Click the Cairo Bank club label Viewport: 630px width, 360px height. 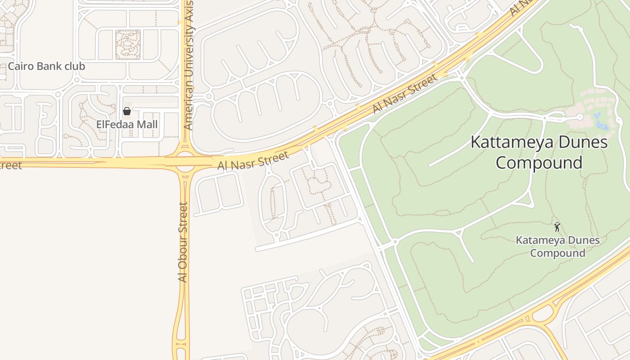pos(46,66)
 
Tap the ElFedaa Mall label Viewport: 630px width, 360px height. pos(127,124)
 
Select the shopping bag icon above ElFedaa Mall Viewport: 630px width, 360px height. pos(127,111)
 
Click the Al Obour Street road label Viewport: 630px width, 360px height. pos(183,242)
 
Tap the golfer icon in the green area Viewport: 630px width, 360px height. pos(557,226)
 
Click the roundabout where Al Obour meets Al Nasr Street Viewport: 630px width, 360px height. pos(184,162)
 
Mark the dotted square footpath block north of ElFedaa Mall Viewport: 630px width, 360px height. pos(128,45)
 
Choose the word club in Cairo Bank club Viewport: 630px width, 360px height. pos(74,66)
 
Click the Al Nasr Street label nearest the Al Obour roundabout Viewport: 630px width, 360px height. pos(252,161)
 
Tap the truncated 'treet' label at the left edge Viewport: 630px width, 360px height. pos(10,165)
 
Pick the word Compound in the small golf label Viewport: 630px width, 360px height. pos(558,253)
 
